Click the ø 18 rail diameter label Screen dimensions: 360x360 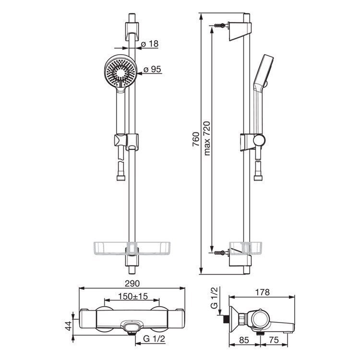click(150, 44)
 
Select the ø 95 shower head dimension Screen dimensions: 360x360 click(152, 69)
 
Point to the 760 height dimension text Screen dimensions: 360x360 click(196, 139)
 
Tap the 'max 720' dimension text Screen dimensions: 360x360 click(207, 138)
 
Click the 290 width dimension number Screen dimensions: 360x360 click(132, 284)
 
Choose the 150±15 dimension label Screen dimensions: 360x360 click(133, 296)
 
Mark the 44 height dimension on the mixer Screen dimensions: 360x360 click(69, 326)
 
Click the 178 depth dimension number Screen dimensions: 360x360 click(262, 292)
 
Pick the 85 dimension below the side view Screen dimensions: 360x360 click(244, 340)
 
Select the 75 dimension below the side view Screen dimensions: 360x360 click(274, 340)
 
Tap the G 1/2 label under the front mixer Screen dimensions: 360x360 click(154, 339)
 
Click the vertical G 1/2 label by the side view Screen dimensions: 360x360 click(214, 298)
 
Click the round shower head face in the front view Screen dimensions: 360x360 click(120, 71)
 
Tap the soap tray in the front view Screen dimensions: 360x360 click(132, 249)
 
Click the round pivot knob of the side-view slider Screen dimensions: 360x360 click(259, 140)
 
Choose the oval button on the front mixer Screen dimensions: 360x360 click(131, 326)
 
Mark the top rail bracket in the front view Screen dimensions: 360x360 click(132, 32)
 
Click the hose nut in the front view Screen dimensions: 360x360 click(121, 178)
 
